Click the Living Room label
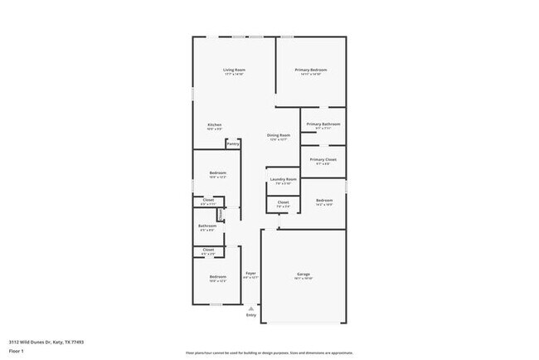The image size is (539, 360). tap(234, 70)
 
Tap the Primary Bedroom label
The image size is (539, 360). tap(311, 70)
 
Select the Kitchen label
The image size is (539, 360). tap(214, 125)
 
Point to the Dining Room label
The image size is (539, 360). tap(279, 135)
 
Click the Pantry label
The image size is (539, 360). tap(233, 144)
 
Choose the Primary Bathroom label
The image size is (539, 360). tap(323, 124)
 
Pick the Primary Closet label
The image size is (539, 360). tap(323, 159)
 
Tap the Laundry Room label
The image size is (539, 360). tap(283, 179)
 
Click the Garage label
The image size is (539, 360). tap(303, 275)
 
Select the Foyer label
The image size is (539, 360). tap(250, 273)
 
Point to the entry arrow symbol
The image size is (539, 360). tap(250, 308)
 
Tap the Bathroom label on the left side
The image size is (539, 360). tap(206, 226)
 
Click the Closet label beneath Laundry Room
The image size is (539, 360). tap(283, 202)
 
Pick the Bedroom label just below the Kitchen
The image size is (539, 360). tap(217, 173)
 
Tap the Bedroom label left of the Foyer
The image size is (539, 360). tap(217, 276)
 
